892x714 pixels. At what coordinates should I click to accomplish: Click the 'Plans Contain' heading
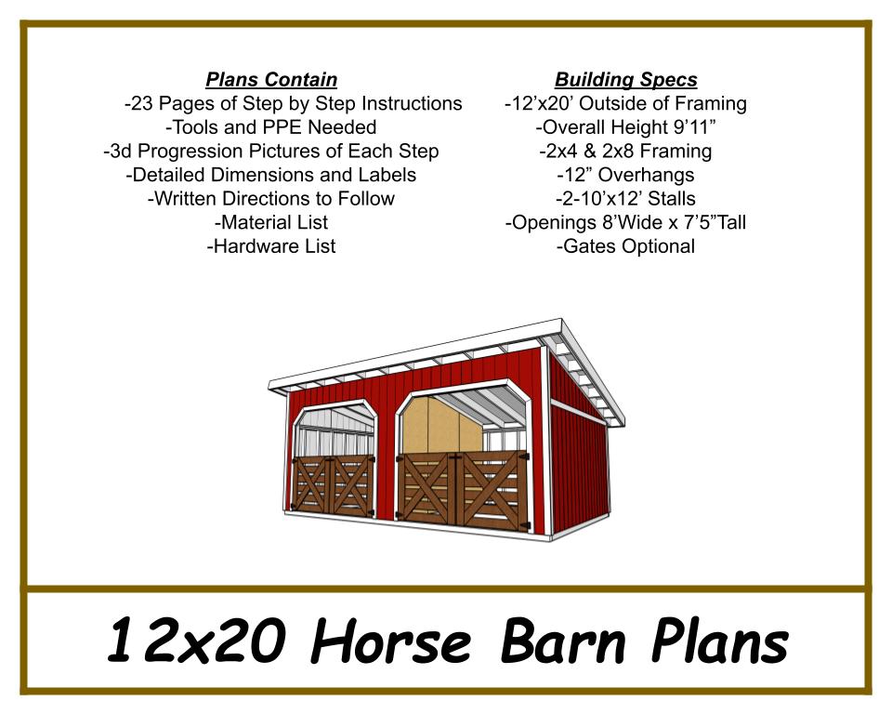pos(271,80)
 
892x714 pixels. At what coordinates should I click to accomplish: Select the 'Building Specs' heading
pos(625,80)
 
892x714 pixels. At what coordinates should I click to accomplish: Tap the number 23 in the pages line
pos(142,103)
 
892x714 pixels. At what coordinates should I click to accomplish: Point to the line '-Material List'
pos(271,222)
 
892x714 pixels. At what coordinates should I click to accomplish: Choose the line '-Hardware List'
pos(271,246)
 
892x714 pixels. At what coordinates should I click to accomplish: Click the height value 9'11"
pos(694,127)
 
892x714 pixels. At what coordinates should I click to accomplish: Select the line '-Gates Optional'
pos(625,246)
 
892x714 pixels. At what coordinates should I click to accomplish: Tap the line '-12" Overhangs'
pos(625,175)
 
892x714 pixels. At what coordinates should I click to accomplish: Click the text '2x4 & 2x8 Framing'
pos(629,151)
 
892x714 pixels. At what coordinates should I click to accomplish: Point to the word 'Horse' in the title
pos(391,641)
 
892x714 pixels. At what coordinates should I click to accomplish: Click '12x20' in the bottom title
pos(196,640)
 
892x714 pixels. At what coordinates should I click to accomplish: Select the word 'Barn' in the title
pos(563,641)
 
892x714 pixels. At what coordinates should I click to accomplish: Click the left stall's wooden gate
pos(333,484)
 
